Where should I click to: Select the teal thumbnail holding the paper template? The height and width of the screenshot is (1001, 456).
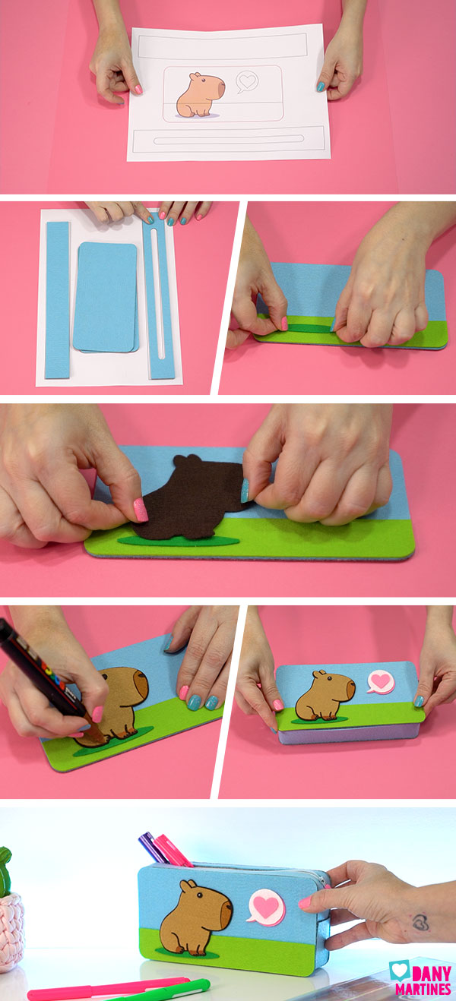(x=321, y=87)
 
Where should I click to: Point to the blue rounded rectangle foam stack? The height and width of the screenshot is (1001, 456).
(x=106, y=296)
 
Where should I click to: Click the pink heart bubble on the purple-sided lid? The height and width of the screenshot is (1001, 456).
(x=381, y=681)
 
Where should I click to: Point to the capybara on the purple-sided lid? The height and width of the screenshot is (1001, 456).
(x=325, y=696)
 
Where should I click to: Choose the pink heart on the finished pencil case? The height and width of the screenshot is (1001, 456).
(x=265, y=907)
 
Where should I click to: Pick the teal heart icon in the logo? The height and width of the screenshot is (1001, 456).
(x=398, y=970)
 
